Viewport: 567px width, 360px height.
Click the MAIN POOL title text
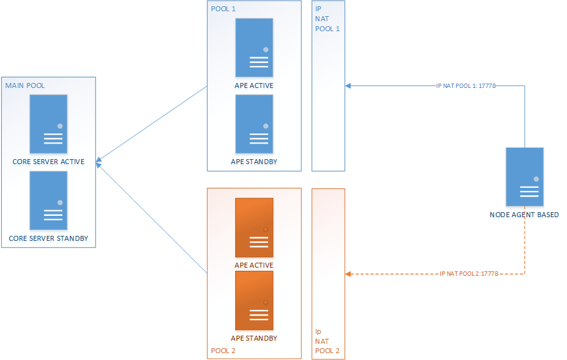(x=25, y=85)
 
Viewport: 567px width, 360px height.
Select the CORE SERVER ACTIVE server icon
(x=49, y=124)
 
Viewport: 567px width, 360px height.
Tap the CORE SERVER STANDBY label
(x=49, y=238)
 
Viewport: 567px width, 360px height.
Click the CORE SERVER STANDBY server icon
(x=49, y=200)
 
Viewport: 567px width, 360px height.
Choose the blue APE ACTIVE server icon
(x=254, y=47)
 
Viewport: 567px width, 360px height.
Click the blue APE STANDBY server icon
(x=254, y=124)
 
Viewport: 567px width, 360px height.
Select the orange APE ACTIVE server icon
(x=254, y=227)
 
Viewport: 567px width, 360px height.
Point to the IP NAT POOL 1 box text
(x=327, y=19)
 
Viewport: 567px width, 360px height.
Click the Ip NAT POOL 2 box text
(x=327, y=341)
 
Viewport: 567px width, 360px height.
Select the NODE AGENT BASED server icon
(x=525, y=177)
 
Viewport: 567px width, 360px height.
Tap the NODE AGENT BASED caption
(x=525, y=215)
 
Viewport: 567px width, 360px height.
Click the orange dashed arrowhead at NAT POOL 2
(x=349, y=273)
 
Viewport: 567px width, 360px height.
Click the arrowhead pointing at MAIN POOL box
(x=99, y=162)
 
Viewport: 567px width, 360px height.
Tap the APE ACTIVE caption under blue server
(x=254, y=85)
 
